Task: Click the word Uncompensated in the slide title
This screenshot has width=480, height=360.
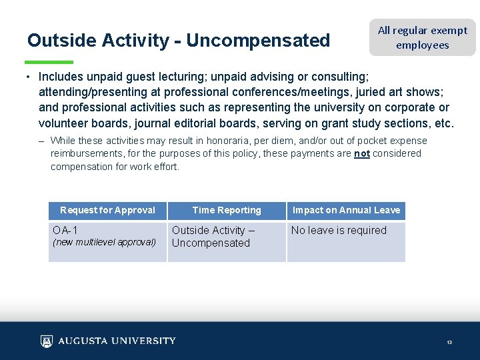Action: click(258, 41)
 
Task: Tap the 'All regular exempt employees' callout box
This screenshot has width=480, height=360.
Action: click(423, 37)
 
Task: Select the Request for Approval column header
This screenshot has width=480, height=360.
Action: click(107, 211)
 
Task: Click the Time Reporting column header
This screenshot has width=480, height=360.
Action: click(227, 211)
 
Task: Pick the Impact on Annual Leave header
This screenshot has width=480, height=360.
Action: click(346, 211)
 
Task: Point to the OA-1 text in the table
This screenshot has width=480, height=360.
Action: click(65, 231)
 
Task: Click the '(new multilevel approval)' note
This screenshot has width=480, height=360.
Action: click(104, 243)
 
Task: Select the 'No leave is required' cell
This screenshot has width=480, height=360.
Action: click(339, 231)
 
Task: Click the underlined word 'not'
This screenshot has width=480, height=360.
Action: click(362, 153)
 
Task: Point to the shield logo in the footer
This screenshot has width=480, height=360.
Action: click(46, 341)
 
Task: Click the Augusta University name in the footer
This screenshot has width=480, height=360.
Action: click(117, 341)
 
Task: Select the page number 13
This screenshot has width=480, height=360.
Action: click(449, 343)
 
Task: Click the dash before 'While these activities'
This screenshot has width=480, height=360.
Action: click(41, 141)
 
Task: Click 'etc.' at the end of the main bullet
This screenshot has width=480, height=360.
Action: click(443, 123)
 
